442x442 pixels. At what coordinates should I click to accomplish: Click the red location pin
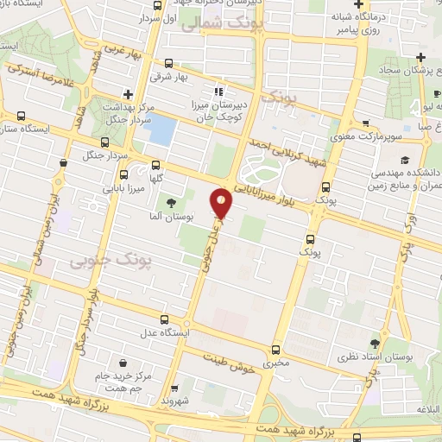[x=223, y=203]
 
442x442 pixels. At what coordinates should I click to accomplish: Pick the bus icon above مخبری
[x=275, y=350]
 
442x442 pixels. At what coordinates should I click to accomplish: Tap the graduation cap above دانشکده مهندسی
[x=403, y=161]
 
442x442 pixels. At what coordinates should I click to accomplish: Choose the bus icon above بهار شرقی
[x=167, y=64]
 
